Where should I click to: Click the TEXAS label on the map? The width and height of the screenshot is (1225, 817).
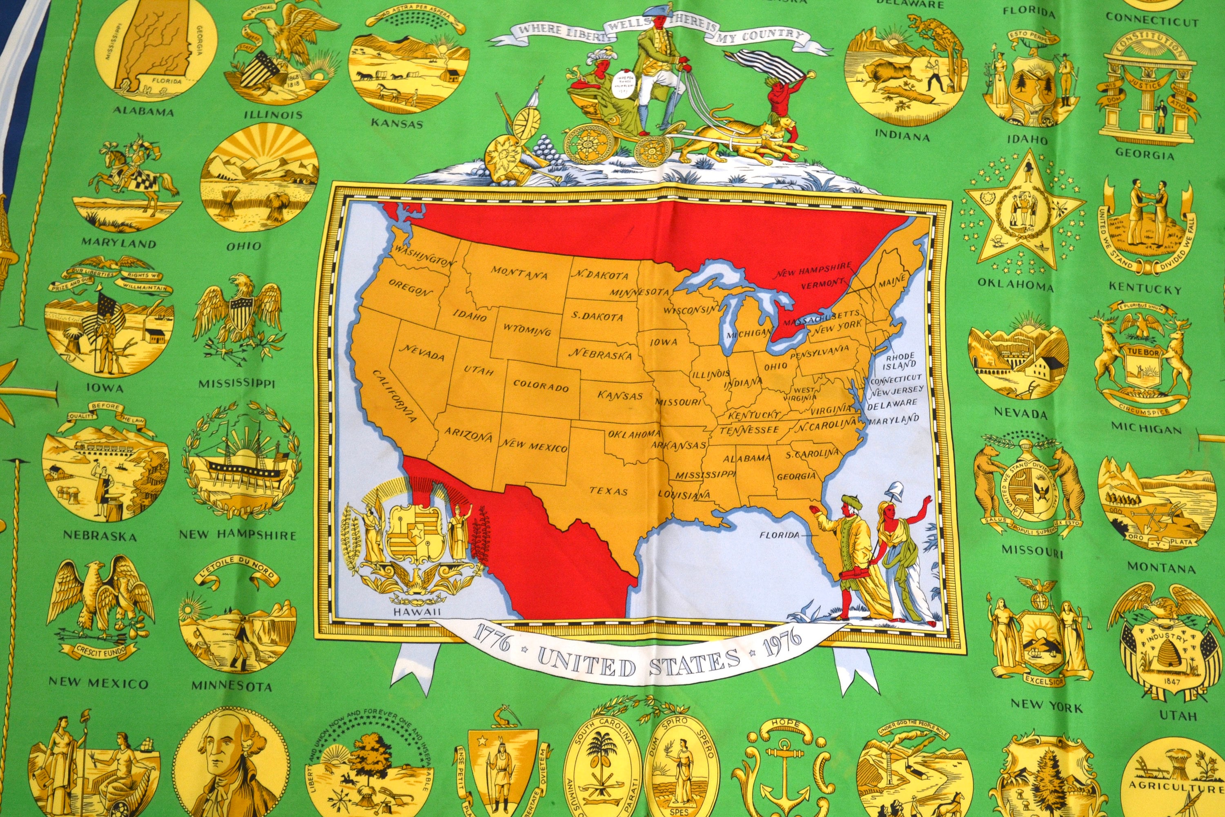pos(608,491)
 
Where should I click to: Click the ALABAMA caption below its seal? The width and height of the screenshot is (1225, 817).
pos(143,112)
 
